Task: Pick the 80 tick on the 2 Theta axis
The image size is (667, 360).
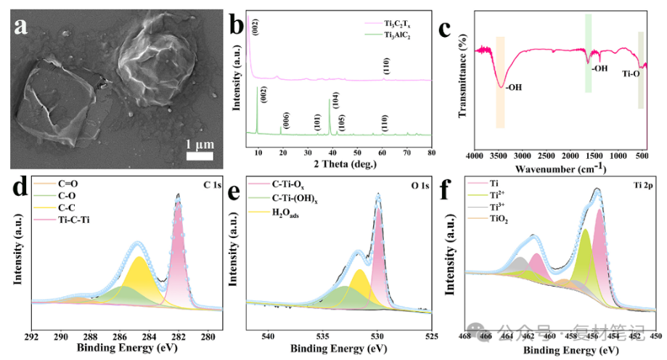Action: coord(431,153)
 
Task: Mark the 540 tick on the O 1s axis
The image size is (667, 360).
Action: coord(269,337)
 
